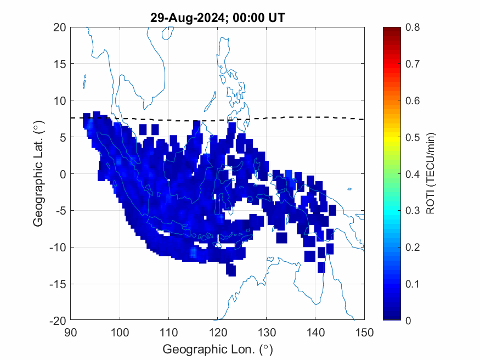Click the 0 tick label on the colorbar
point(408,320)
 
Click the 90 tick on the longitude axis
point(70,331)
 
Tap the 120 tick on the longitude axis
point(217,331)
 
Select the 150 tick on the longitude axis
point(364,331)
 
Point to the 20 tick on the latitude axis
point(60,27)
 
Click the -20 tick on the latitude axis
point(58,320)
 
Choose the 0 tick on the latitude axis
point(63,174)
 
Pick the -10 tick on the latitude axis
point(58,248)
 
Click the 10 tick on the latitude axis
point(60,100)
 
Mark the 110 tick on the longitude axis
point(168,331)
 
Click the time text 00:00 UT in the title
point(257,18)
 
